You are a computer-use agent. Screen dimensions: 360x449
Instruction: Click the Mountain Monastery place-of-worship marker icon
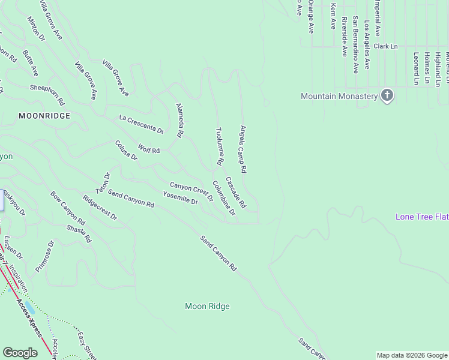click(x=387, y=96)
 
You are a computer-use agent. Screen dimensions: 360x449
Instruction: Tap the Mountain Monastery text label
click(x=339, y=96)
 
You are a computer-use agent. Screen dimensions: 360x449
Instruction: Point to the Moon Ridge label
click(x=207, y=307)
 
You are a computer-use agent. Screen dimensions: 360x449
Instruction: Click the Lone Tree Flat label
click(x=422, y=217)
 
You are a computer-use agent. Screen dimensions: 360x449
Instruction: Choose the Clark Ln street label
click(x=385, y=46)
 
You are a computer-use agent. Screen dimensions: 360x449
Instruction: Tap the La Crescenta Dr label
click(x=141, y=124)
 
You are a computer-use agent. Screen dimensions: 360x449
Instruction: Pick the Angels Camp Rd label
click(x=243, y=149)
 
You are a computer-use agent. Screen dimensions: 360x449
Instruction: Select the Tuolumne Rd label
click(x=220, y=146)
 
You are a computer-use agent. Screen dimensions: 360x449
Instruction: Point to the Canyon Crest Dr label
click(x=191, y=191)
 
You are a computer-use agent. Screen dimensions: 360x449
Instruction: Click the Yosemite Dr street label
click(x=180, y=197)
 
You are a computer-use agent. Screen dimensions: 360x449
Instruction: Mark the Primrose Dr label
click(x=45, y=256)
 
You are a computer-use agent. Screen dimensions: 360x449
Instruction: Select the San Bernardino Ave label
click(x=355, y=44)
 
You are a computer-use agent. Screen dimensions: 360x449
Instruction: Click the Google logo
click(x=20, y=353)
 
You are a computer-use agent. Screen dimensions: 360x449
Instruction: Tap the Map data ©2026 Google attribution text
click(x=412, y=355)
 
